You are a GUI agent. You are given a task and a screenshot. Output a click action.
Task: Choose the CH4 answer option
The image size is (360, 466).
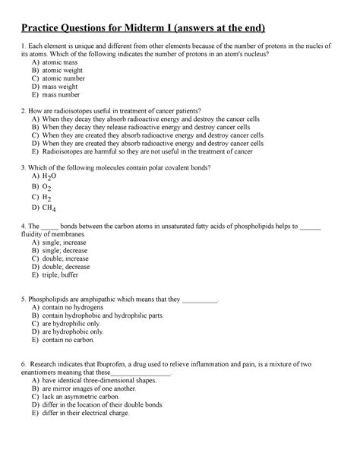(x=51, y=207)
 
